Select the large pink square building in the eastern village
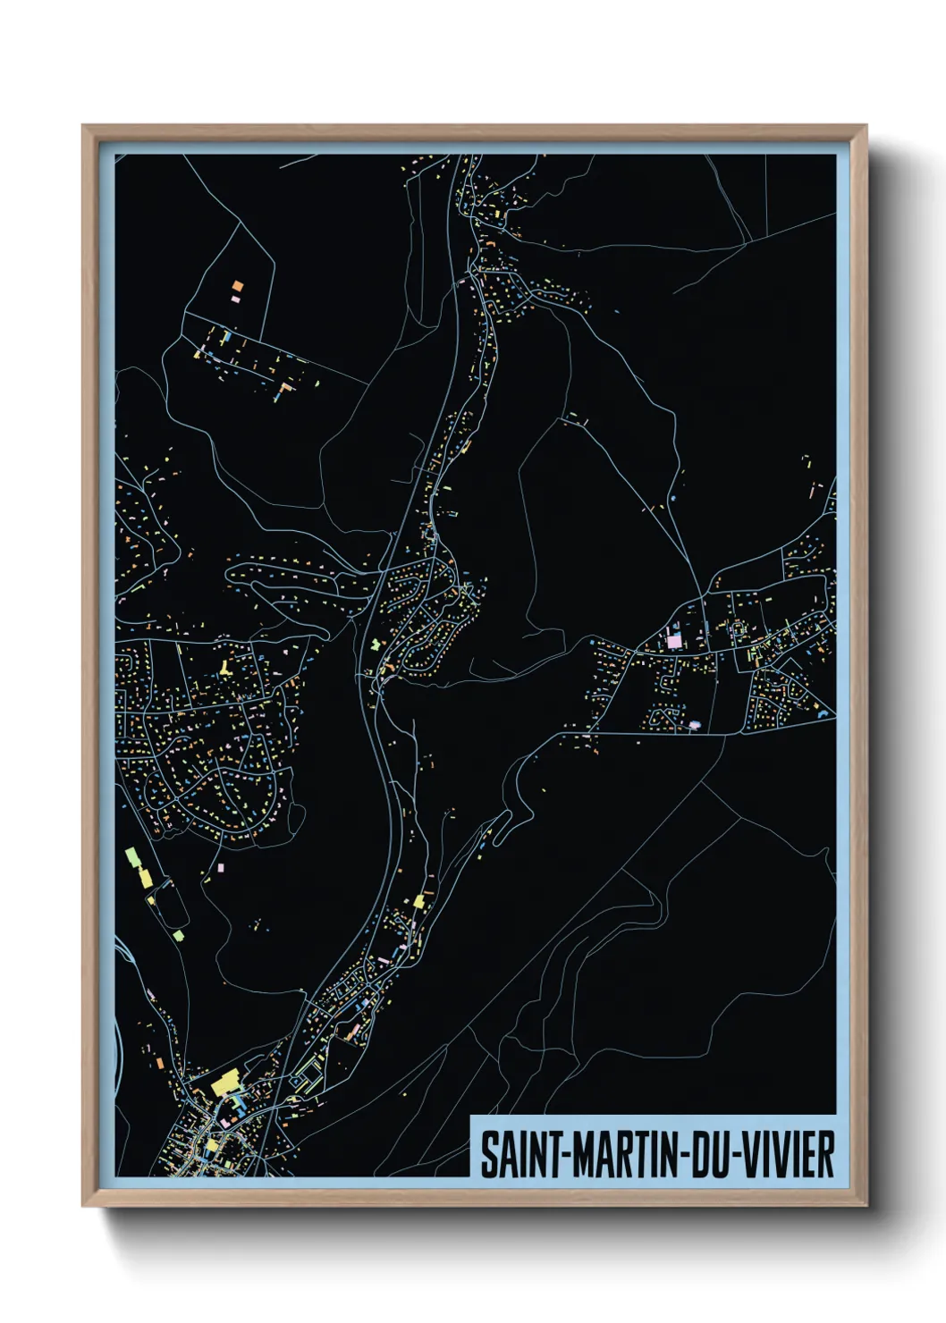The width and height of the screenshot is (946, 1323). [x=674, y=641]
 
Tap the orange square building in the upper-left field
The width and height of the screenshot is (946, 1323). [x=237, y=286]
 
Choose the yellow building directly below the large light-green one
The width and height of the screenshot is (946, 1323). [x=145, y=876]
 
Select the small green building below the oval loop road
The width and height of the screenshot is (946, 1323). [x=178, y=935]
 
